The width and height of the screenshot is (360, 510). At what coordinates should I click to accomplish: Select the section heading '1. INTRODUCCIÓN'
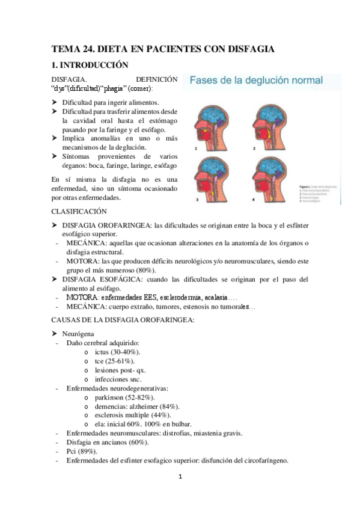pos(90,65)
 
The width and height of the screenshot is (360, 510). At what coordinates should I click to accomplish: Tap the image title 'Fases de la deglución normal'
pos(253,80)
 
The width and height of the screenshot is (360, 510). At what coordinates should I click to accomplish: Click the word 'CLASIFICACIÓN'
pos(79,211)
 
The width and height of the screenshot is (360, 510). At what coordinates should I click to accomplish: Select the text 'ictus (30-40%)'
pos(118,352)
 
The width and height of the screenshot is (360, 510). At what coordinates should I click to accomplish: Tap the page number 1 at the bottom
pos(180,478)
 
